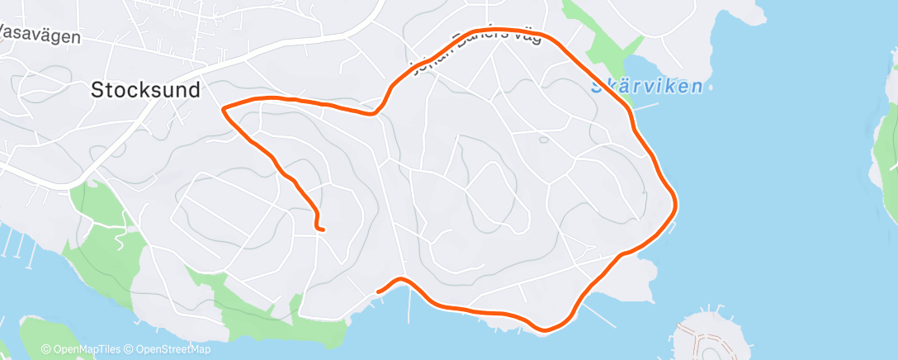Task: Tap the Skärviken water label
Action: pyautogui.click(x=647, y=86)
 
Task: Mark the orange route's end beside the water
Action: pyautogui.click(x=379, y=291)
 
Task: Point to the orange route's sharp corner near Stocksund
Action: pyautogui.click(x=224, y=107)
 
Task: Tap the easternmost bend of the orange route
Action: pyautogui.click(x=676, y=202)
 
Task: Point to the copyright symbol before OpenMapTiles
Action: pyautogui.click(x=46, y=349)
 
